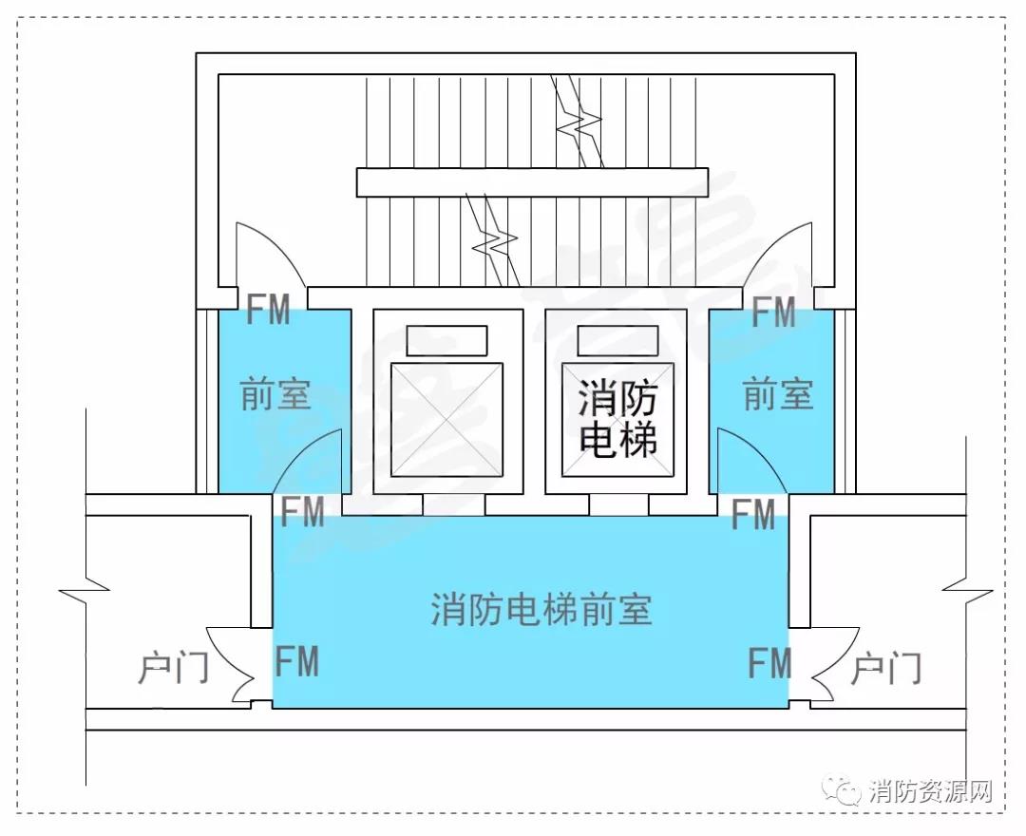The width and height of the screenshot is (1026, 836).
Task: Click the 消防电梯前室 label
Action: pos(541,609)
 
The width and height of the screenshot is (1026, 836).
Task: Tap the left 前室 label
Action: pos(275,394)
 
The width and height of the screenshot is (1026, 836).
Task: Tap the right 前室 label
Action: pos(778,394)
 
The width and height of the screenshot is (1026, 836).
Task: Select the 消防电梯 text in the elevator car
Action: pos(617,419)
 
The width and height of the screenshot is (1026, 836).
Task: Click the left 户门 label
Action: pos(173,669)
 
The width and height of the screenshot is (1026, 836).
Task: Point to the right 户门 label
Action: pos(886,669)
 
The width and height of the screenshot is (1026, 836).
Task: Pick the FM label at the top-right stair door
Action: pos(773,312)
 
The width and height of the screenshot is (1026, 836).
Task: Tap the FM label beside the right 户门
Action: pos(770,663)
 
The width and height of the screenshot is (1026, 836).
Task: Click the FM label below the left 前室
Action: pos(302,511)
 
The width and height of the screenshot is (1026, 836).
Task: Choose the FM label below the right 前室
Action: pos(753,514)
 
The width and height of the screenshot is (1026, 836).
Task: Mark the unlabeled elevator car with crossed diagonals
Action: pos(446,419)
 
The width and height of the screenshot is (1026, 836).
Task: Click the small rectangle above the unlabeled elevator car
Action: pos(446,340)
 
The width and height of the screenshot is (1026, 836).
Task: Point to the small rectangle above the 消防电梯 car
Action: pos(617,340)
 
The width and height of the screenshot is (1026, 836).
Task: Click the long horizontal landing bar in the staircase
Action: pos(532,182)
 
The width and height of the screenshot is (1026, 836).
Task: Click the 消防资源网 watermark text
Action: pos(930,790)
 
